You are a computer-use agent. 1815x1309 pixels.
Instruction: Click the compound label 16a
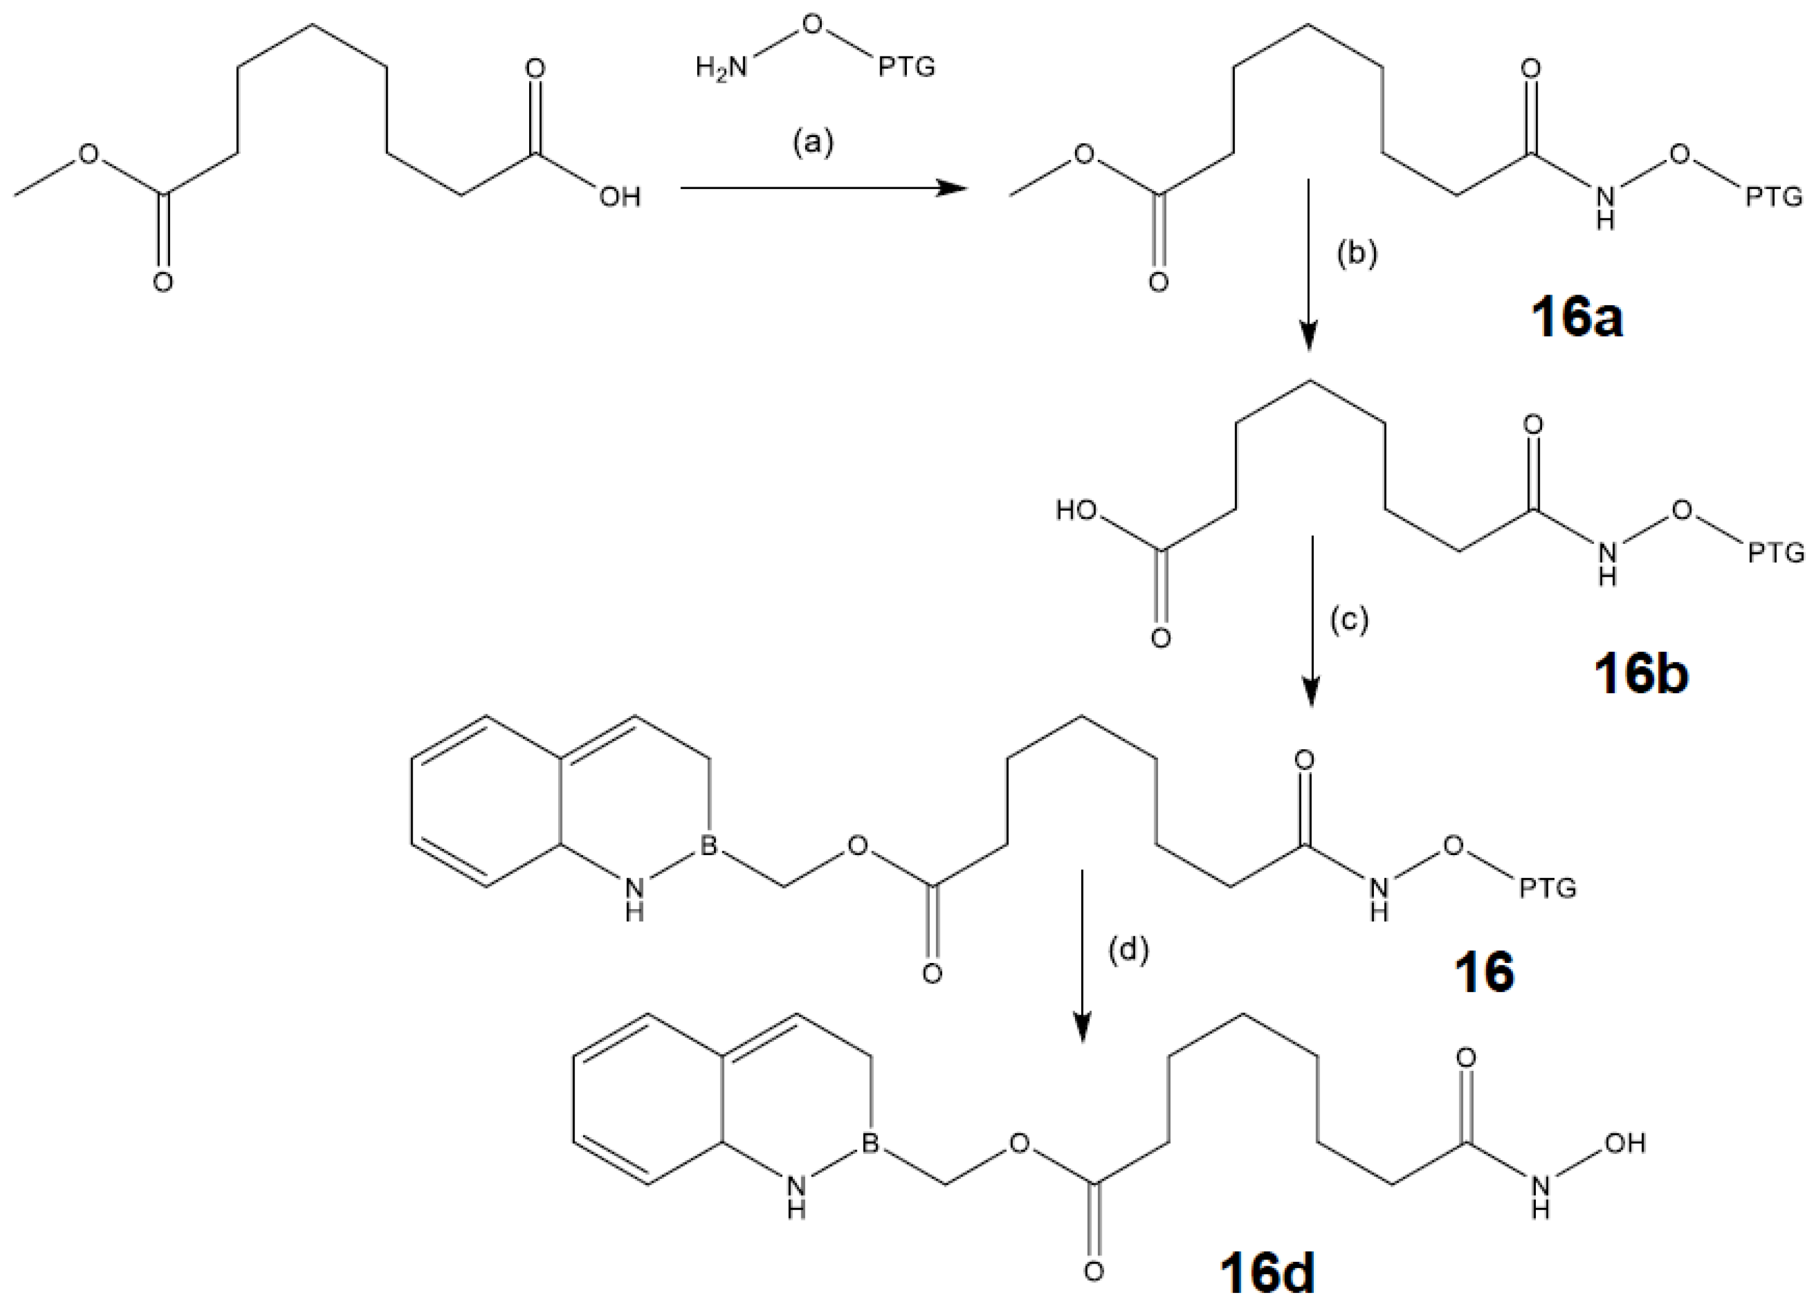(1577, 320)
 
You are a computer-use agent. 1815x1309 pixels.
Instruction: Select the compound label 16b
(1641, 675)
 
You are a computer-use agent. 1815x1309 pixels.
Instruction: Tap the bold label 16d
(1268, 1276)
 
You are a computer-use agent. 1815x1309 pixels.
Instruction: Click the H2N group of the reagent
(720, 69)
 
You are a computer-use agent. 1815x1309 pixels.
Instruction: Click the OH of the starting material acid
(620, 197)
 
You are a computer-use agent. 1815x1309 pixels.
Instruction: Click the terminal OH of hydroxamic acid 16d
(1625, 1143)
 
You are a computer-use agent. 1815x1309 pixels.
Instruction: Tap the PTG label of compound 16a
(1773, 197)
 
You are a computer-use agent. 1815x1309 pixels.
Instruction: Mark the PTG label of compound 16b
(1775, 552)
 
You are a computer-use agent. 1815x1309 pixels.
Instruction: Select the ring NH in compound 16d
(795, 1196)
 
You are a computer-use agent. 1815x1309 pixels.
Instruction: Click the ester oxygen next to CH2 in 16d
(1018, 1143)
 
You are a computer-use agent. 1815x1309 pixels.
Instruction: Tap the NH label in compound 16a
(1605, 206)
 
